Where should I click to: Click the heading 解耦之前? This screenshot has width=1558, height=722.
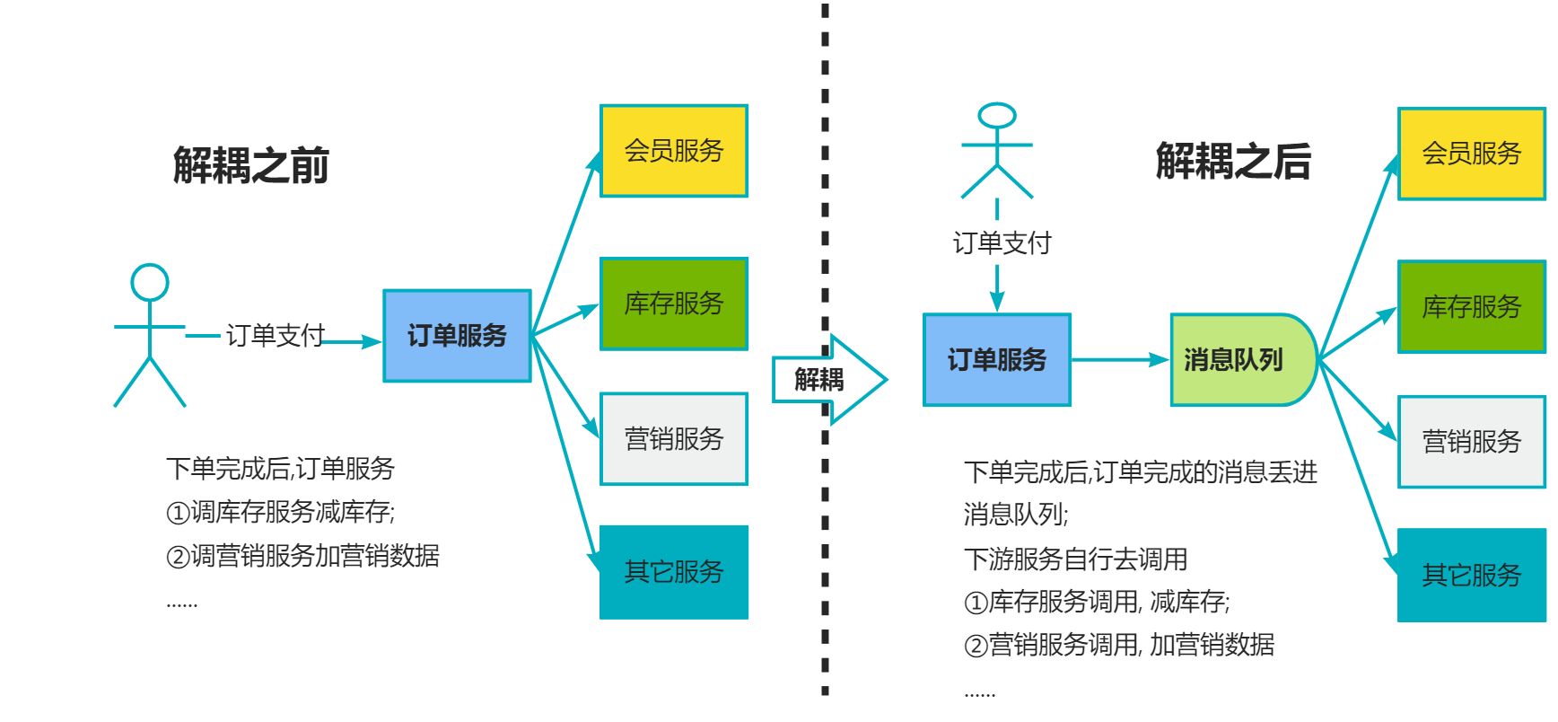click(x=250, y=165)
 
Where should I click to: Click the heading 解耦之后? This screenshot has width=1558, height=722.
click(x=1233, y=162)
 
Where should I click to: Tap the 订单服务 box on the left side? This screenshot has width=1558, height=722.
click(x=457, y=336)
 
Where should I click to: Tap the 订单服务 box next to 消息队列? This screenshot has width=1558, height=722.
click(x=997, y=360)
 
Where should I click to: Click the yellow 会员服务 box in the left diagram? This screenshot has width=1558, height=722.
click(x=673, y=151)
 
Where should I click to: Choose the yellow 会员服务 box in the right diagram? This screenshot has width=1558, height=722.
click(x=1471, y=154)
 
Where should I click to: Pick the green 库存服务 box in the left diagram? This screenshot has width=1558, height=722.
click(x=673, y=304)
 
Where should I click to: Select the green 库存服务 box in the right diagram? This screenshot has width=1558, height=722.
click(x=1471, y=307)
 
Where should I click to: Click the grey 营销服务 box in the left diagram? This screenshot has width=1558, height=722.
click(x=673, y=439)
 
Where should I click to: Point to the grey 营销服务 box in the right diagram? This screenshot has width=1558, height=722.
click(x=1471, y=442)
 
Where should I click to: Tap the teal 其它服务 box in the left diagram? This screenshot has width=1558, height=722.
click(x=673, y=572)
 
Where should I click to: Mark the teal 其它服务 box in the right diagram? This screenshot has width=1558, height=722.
click(x=1471, y=575)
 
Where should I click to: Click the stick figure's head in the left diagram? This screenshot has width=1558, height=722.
click(x=150, y=283)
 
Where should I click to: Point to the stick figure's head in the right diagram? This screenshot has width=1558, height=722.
click(x=997, y=116)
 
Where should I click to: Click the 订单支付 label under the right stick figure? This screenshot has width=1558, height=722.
click(x=1002, y=242)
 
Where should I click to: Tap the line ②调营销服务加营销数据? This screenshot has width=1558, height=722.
click(x=302, y=556)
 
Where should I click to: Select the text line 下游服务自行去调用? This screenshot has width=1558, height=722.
click(x=1075, y=559)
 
